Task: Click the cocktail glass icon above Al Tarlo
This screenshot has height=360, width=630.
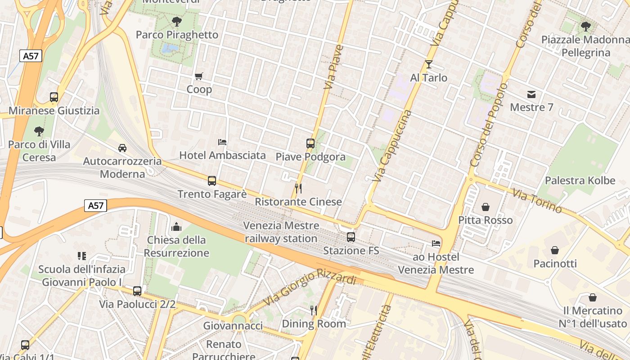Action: [428, 64]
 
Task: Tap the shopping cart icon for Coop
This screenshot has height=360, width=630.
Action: [198, 76]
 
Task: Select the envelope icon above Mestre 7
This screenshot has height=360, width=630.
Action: [531, 94]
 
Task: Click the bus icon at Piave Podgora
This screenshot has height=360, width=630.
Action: [310, 143]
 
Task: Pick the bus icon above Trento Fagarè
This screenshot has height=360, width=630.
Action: [211, 181]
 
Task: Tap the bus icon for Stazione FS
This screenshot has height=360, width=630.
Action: [351, 237]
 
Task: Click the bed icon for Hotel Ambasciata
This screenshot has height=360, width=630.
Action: [222, 142]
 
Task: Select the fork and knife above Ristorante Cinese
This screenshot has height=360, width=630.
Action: [298, 188]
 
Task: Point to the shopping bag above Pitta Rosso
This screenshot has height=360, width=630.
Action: [485, 207]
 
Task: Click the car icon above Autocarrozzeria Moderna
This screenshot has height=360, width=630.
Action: [122, 148]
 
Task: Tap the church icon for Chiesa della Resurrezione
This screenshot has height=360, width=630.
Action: [176, 226]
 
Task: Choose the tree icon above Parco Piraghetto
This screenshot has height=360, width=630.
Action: [177, 21]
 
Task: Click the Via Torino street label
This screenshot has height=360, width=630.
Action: [537, 201]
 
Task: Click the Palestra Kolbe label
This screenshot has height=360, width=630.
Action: [580, 180]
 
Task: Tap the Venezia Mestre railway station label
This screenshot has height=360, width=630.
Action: [281, 232]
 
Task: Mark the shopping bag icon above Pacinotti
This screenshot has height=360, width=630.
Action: [555, 250]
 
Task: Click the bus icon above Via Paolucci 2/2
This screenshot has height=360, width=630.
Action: [137, 291]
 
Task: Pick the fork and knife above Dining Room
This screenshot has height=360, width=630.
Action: [313, 310]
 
